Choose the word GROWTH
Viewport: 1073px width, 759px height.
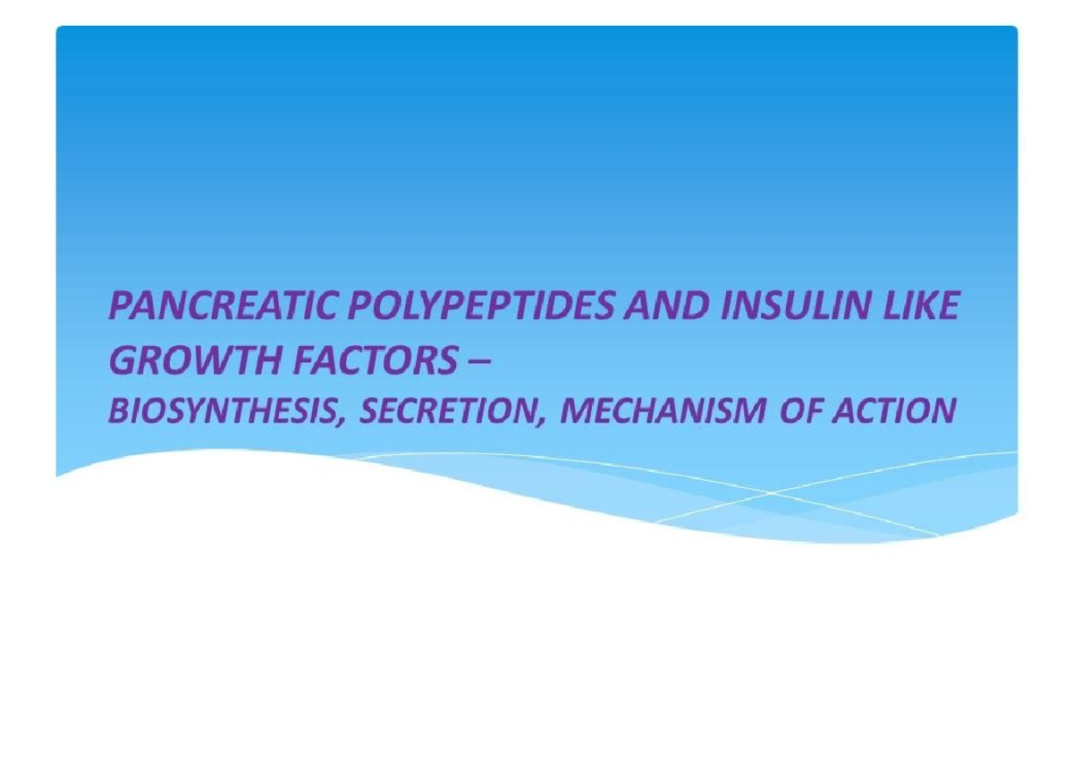point(183,361)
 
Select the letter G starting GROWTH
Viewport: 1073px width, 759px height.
point(122,361)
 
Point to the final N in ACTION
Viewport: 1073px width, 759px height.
point(944,411)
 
